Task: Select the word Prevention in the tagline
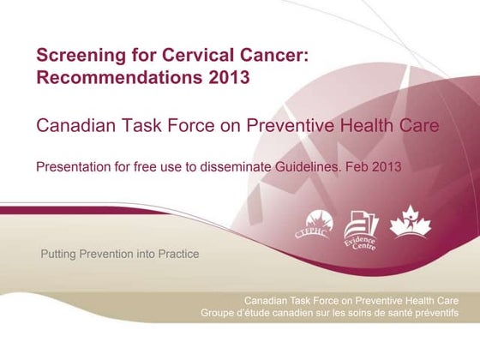click(x=107, y=255)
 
